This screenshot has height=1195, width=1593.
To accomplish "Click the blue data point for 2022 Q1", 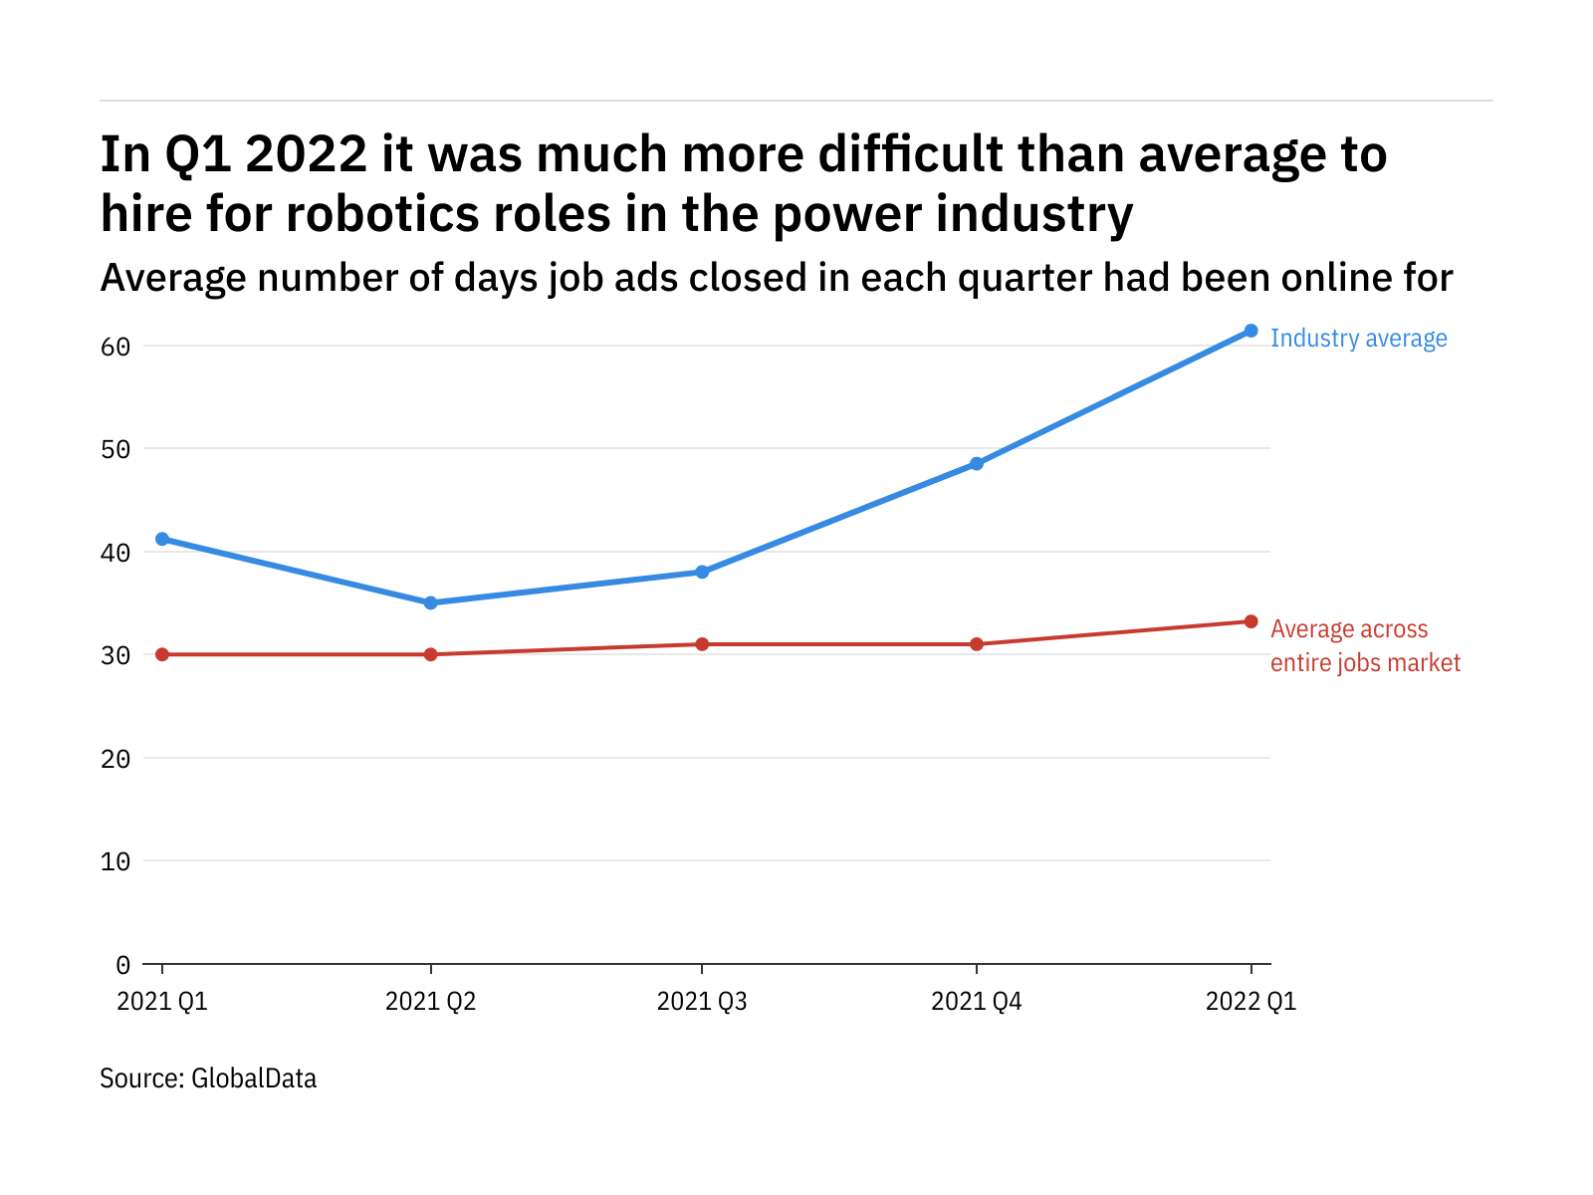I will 1251,331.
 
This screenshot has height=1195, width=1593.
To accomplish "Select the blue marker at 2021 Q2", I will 430,602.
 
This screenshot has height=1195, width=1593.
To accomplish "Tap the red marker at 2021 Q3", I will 702,644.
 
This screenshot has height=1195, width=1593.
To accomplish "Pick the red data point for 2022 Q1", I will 1251,621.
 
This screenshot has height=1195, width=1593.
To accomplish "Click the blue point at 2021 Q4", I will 977,464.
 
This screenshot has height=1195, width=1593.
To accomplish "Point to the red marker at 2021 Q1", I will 162,654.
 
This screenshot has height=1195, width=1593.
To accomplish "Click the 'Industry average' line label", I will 1358,339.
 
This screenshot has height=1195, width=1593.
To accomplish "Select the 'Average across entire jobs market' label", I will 1364,645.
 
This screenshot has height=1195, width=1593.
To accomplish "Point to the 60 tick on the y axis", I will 115,347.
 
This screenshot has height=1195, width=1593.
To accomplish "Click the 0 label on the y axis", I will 122,964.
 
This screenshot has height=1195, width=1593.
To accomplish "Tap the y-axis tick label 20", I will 115,759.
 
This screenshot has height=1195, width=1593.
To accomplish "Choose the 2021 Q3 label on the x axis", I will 702,1001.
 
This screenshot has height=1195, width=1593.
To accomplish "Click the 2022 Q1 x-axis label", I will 1251,1001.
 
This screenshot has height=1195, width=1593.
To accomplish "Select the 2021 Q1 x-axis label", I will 162,1001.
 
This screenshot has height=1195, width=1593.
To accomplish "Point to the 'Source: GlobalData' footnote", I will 208,1078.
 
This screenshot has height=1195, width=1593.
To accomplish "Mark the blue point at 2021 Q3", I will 702,572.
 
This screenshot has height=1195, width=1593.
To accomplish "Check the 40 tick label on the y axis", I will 115,553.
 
